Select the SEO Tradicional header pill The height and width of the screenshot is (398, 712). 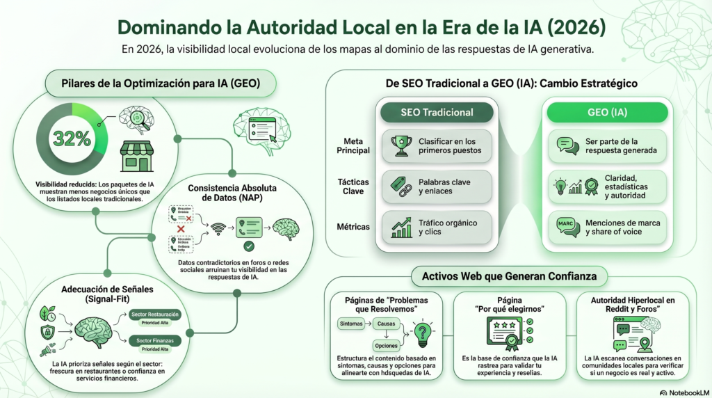coord(437,112)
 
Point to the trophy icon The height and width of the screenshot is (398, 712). coord(401,145)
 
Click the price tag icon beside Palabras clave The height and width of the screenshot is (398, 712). coord(401,186)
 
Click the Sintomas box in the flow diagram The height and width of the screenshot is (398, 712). coord(352,324)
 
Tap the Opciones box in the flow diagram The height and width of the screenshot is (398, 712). coord(387,345)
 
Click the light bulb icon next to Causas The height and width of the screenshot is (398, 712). coord(421,333)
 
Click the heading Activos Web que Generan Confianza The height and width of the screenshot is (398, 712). coord(509,276)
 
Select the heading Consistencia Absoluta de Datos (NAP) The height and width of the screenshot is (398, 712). coord(225,193)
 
